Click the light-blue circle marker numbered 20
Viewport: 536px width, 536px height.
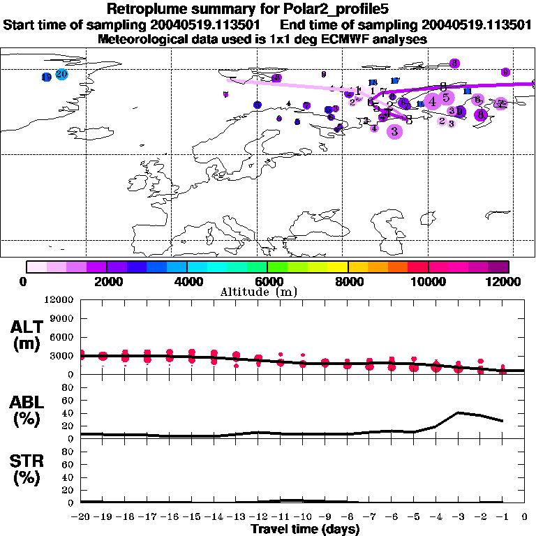61,74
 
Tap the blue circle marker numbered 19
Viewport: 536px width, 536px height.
46,77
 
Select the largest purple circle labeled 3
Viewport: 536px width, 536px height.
395,131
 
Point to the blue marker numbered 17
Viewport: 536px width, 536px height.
394,81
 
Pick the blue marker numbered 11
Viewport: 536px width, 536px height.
468,91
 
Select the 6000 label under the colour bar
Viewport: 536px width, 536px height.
268,281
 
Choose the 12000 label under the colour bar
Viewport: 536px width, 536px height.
508,281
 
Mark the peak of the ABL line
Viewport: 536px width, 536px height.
458,412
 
